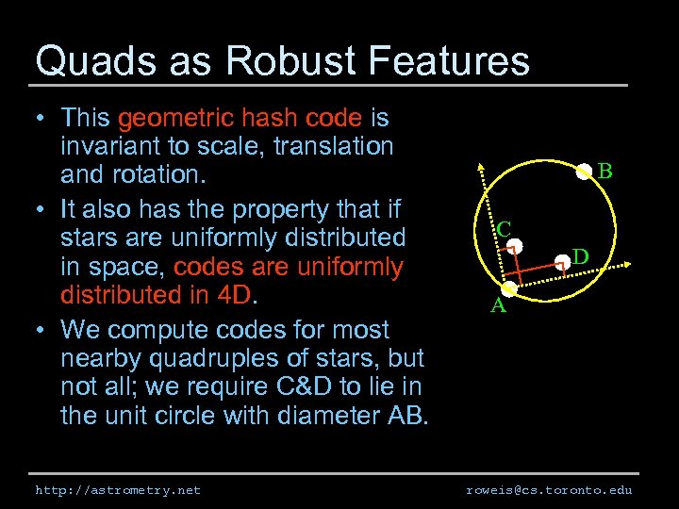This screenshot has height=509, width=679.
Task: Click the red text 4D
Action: pos(234,295)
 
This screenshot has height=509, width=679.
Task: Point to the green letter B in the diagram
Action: pos(605,171)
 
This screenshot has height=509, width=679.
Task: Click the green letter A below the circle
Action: pos(497,305)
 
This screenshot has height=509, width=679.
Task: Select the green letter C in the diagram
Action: pos(505,229)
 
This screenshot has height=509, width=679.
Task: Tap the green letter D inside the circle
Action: pos(581,256)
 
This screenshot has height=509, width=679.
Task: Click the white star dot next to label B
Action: pos(584,171)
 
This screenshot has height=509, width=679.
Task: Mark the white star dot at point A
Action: pos(509,289)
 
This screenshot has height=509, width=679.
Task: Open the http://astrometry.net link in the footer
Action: pos(118,490)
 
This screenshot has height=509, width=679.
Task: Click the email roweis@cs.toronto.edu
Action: pos(549,490)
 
